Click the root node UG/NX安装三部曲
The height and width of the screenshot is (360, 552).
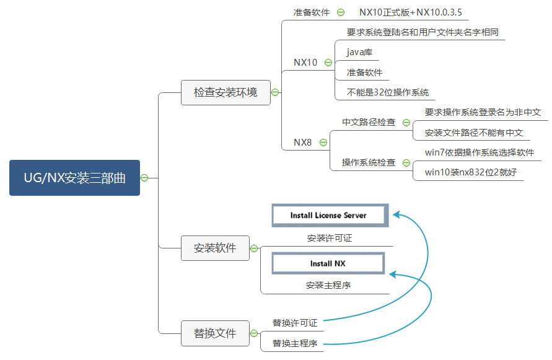[x=74, y=178]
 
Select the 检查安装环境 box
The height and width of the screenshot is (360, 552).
[x=226, y=93]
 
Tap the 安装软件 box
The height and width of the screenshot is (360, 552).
[x=215, y=248]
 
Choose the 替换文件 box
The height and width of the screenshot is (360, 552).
[x=215, y=333]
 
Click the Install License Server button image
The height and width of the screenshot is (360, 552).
[x=328, y=216]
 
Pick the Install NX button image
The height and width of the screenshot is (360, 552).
[x=328, y=263]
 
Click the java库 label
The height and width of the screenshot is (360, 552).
[x=359, y=52]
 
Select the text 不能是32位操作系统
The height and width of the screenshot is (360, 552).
[x=388, y=92]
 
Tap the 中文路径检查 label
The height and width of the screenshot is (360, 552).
[x=369, y=123]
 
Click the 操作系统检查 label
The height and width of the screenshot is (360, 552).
[x=369, y=163]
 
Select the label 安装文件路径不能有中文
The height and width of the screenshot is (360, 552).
[x=474, y=133]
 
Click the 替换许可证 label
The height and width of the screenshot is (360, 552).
[x=295, y=323]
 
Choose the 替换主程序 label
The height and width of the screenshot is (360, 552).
[x=295, y=343]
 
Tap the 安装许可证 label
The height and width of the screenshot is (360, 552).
[x=329, y=238]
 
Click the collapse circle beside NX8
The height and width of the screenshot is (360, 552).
[x=323, y=143]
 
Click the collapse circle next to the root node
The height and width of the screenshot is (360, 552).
[x=144, y=178]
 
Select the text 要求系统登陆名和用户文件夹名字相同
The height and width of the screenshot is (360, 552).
[x=423, y=32]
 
